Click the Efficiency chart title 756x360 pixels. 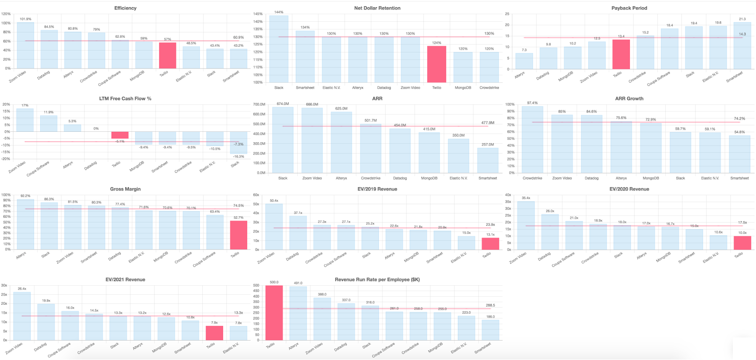125,8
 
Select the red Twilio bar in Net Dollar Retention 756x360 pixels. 437,64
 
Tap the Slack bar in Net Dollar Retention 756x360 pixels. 279,49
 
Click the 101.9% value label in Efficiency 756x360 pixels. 26,19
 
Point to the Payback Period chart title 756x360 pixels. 629,8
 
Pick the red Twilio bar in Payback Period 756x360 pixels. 621,54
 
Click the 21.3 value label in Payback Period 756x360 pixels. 742,19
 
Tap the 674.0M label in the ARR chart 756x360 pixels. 283,104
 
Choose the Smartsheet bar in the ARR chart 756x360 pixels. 488,161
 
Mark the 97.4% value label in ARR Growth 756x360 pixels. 533,103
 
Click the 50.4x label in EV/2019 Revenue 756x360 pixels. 274,201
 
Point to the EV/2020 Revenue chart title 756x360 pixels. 629,189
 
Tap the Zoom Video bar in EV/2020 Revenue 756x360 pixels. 526,226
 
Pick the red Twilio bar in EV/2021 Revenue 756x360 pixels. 215,333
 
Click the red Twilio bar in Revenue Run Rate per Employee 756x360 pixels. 274,313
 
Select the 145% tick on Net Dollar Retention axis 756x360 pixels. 258,14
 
